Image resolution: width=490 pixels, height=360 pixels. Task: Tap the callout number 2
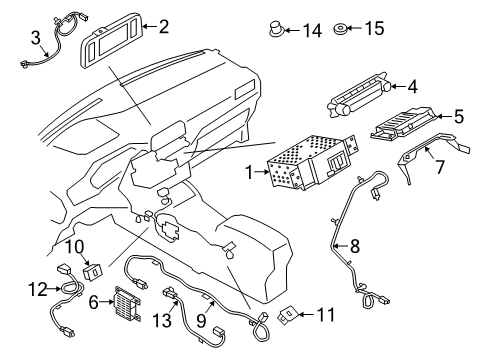pyautogui.click(x=164, y=27)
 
